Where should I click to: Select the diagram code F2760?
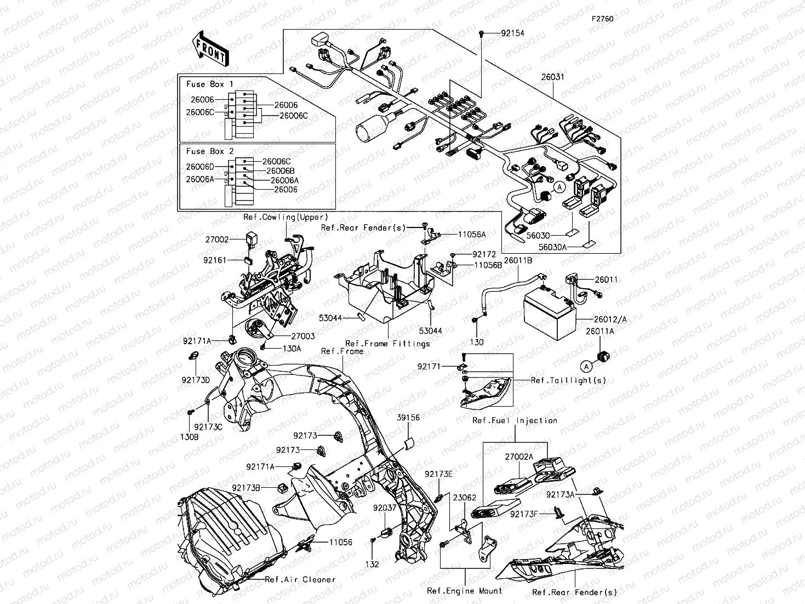pos(602,19)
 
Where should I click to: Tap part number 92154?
pos(512,33)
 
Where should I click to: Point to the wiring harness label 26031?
pos(552,77)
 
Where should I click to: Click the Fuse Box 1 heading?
pos(210,84)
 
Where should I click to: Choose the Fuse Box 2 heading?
pos(210,151)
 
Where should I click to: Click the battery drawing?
pos(550,311)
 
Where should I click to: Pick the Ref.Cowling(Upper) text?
pos(286,218)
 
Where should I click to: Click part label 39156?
pos(408,418)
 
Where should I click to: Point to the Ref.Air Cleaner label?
pos(300,579)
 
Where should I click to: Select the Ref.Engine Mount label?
pos(465,591)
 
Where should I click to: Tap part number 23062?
pos(465,498)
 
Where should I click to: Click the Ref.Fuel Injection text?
pos(515,420)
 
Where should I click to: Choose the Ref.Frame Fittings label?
pos(387,344)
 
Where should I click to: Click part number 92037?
pos(385,508)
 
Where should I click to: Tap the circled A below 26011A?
pos(586,366)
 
